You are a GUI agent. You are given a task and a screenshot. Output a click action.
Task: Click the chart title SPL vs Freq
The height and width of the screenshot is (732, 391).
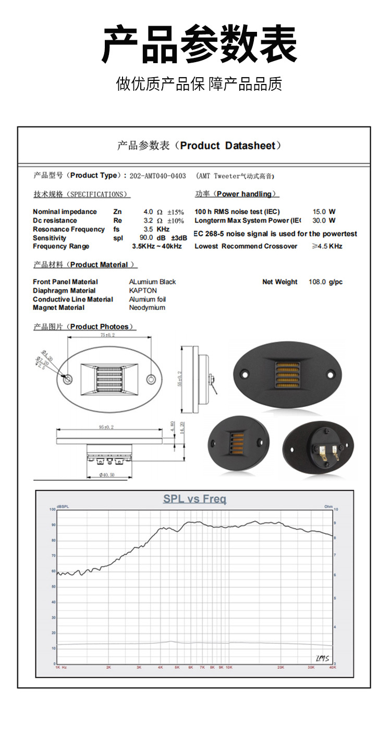[x=195, y=499]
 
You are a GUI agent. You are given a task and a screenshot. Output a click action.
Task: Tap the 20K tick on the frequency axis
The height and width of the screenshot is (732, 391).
[x=281, y=667]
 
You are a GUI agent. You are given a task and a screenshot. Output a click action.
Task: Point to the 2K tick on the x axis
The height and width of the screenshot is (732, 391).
[x=108, y=667]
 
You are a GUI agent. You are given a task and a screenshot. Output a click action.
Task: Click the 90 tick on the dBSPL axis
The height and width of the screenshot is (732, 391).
[x=53, y=525]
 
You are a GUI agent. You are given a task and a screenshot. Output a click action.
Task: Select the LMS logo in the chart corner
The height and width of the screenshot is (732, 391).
[x=323, y=657]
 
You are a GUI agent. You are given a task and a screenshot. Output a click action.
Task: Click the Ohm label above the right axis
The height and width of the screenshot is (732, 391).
[x=328, y=506]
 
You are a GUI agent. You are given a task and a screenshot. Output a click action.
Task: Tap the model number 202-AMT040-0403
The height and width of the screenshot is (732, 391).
[x=157, y=176]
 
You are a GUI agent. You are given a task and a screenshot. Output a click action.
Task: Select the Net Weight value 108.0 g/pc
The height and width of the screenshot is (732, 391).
[x=325, y=282]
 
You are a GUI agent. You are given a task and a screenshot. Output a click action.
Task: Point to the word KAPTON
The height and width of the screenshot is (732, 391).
[x=143, y=291]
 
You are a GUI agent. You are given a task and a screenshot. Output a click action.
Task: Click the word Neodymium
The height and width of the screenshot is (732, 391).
[x=147, y=308]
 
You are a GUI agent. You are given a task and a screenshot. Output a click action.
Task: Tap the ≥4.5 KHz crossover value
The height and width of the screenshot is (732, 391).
[x=327, y=246]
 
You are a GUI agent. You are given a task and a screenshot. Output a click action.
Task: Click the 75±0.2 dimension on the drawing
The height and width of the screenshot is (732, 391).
[x=109, y=335]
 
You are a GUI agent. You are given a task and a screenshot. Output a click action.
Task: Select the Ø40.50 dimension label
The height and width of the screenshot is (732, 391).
[x=107, y=475]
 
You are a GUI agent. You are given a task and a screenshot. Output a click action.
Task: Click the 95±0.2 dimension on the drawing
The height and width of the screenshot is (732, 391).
[x=106, y=427]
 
